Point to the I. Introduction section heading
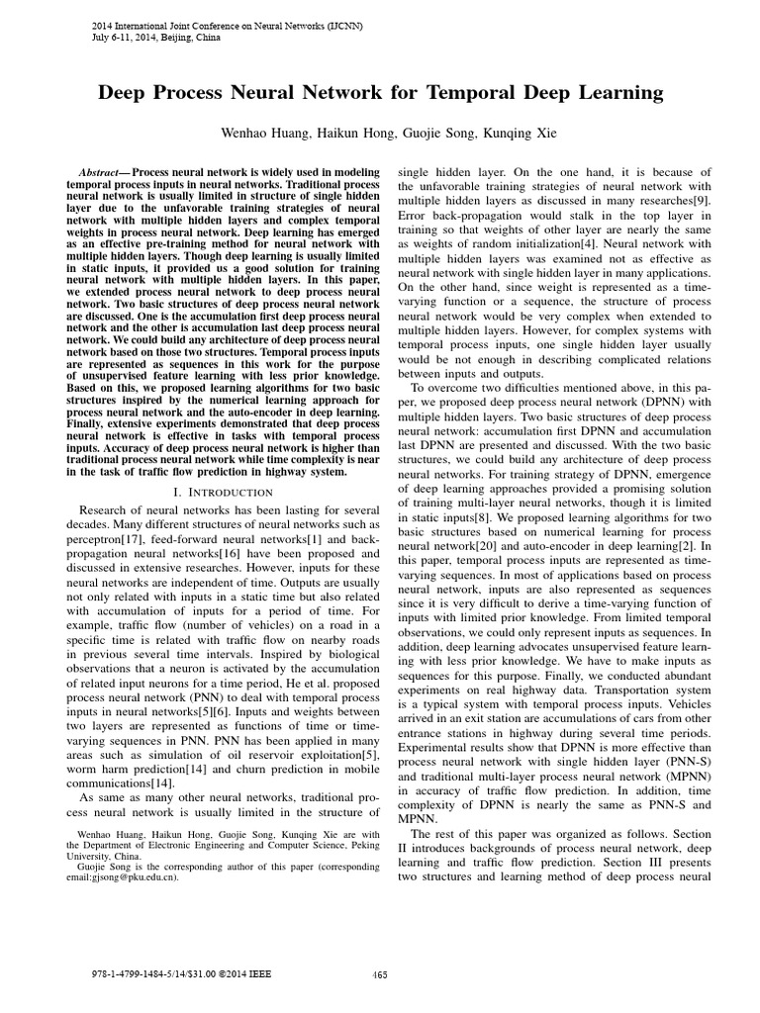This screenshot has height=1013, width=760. [220, 491]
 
